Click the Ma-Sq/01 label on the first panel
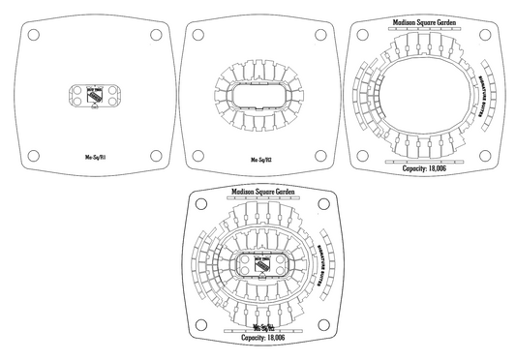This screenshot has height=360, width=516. [x=93, y=154]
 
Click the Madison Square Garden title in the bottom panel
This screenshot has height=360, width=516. [x=258, y=193]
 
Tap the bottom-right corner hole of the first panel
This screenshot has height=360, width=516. [x=155, y=154]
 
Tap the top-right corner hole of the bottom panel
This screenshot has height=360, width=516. [x=319, y=204]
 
